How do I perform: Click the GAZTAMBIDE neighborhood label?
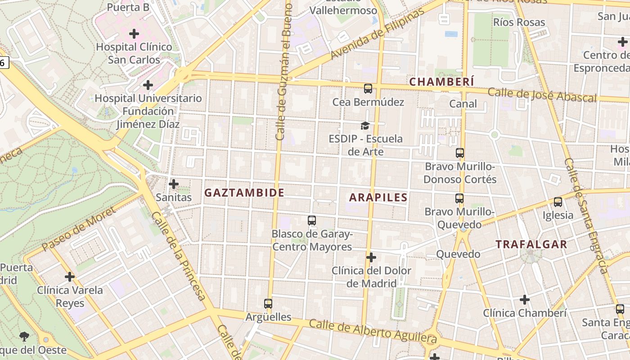[x=244, y=193]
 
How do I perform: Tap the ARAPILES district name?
[x=378, y=197]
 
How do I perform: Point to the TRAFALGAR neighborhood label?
[x=531, y=244]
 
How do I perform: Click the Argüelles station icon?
[x=268, y=304]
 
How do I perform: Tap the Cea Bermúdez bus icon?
[x=368, y=89]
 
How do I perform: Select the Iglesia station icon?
[x=558, y=202]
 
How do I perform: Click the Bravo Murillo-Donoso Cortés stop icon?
[x=459, y=153]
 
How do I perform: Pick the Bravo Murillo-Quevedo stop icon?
[x=459, y=198]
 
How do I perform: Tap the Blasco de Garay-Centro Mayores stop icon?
[x=312, y=220]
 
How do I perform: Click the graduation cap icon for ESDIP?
[x=365, y=126]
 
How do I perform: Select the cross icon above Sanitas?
[x=174, y=184]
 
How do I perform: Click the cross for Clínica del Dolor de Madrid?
[x=371, y=257]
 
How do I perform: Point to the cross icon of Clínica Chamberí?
[x=525, y=300]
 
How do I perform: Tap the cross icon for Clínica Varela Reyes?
[x=70, y=277]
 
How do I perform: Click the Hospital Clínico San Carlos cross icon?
[x=134, y=34]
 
